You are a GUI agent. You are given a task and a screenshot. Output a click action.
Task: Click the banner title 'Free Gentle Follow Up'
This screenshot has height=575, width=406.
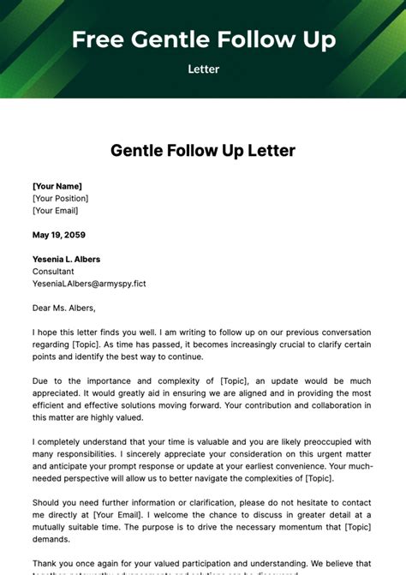203,39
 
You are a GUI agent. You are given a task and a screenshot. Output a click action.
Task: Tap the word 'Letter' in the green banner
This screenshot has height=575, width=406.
203,69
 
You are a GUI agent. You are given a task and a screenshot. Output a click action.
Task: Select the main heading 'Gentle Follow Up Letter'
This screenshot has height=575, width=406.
203,151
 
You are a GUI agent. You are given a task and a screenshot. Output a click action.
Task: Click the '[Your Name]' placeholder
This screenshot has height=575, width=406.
57,186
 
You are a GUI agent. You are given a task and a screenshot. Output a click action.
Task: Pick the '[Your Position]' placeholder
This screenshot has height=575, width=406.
60,198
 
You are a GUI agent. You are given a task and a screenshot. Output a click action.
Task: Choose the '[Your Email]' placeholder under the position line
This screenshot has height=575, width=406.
55,210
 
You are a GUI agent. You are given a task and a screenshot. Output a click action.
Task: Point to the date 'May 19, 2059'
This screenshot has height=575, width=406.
58,235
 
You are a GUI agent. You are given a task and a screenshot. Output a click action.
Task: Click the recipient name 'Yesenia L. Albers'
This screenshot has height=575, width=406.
66,259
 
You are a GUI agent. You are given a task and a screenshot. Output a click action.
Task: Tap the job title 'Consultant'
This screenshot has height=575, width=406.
53,271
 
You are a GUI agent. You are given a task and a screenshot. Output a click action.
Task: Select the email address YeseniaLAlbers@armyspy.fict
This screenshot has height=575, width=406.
89,284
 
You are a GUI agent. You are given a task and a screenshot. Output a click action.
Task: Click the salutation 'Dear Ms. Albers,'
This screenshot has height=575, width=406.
64,308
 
